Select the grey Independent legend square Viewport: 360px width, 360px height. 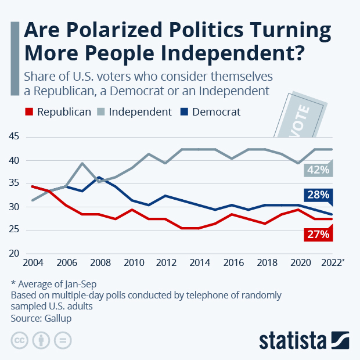(x=100, y=112)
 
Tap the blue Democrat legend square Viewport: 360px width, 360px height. (x=183, y=112)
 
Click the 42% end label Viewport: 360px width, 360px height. (x=319, y=170)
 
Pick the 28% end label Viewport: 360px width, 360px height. (x=319, y=195)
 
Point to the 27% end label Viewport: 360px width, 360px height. (x=319, y=235)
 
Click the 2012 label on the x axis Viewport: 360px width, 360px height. (x=167, y=262)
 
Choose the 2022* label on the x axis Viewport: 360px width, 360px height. (x=333, y=262)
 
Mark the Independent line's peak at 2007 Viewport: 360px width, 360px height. (x=82, y=163)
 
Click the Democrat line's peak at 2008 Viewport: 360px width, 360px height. (x=99, y=177)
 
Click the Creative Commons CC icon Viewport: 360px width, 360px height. (x=20, y=340)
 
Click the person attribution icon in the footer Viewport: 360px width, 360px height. (x=41, y=340)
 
